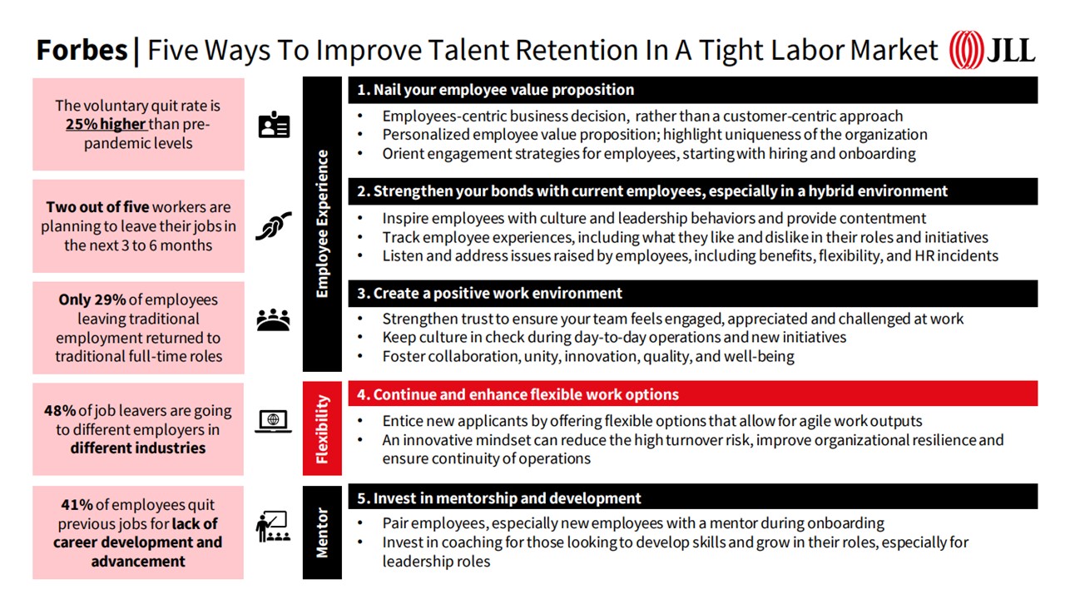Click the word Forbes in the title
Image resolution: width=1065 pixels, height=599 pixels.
point(82,50)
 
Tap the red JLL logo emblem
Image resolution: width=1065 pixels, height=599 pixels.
point(966,50)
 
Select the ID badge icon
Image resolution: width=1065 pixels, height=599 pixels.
point(274,125)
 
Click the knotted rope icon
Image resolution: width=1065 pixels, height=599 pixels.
point(274,225)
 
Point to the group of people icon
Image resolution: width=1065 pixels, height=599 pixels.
point(274,319)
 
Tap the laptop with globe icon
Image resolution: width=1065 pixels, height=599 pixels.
point(274,422)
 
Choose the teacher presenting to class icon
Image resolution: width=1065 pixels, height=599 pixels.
point(273,527)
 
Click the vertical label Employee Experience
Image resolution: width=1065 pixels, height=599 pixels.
point(322,224)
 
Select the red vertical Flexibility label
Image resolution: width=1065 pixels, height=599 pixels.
point(322,428)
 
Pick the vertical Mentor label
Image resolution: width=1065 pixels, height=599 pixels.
point(322,532)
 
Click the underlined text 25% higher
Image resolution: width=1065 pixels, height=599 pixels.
point(106,124)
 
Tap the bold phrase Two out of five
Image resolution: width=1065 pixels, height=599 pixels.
point(97,207)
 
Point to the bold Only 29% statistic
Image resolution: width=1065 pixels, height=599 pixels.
point(92,299)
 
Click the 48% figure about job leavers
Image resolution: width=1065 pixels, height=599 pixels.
point(60,410)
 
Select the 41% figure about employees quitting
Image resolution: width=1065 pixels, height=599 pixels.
point(77,504)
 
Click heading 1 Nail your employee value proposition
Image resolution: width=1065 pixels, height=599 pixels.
point(495,90)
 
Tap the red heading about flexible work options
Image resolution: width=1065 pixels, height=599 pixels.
point(518,394)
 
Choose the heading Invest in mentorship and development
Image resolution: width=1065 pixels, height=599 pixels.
point(498,498)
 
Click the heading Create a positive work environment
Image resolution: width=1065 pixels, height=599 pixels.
point(489,294)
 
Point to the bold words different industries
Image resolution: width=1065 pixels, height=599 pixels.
point(138,448)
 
